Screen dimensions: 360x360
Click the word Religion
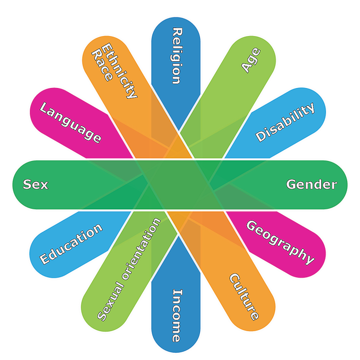point(177,56)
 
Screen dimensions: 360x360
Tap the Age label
point(251,60)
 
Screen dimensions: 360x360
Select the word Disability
point(285,122)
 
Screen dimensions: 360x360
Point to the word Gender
point(312,184)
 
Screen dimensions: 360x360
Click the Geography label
point(280,243)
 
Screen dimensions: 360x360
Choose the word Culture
point(244,297)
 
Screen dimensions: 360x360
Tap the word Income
point(177,316)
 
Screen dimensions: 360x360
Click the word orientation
point(141,248)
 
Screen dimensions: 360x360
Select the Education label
point(71,244)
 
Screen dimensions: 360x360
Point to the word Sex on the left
point(35,184)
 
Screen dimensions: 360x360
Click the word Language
point(70,122)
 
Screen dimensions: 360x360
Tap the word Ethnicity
point(119,71)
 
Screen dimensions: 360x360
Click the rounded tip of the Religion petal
point(176,17)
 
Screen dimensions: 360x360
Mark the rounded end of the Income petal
point(176,352)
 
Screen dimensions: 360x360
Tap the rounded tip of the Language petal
point(34,101)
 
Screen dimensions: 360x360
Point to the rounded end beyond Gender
point(347,185)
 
